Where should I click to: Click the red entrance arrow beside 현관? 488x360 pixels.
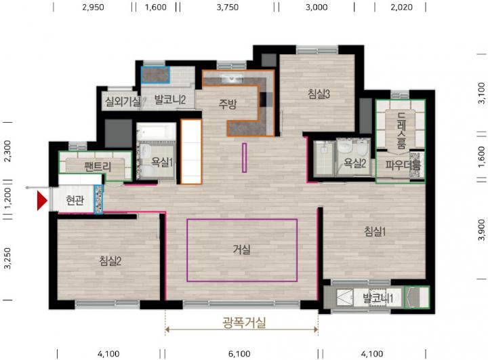42,201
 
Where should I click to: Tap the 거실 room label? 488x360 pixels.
242,249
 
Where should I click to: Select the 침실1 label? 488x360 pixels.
375,231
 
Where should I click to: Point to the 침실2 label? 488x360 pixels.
110,260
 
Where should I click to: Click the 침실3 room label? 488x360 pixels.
319,94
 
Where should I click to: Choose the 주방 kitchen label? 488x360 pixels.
228,104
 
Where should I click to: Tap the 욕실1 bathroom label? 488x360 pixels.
162,161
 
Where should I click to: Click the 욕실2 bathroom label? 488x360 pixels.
354,163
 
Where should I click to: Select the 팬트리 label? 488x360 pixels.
98,167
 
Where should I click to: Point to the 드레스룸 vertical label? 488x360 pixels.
401,130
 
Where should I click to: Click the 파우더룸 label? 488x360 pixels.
403,165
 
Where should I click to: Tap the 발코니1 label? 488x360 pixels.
378,298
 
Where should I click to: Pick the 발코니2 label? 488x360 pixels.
170,100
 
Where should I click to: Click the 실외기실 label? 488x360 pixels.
123,101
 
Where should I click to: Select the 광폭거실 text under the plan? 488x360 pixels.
244,322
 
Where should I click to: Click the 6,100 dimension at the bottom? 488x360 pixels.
239,354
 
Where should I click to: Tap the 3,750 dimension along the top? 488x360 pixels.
228,7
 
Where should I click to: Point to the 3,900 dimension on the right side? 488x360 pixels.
481,230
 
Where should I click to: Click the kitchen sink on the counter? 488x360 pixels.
232,78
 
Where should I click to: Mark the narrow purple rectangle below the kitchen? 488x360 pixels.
244,157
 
